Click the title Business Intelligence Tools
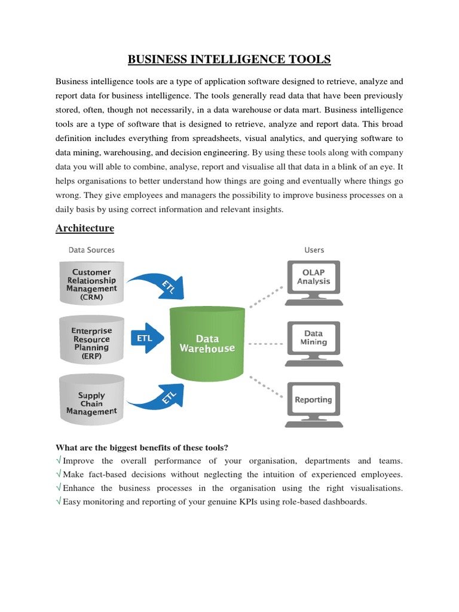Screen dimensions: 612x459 pyautogui.click(x=229, y=59)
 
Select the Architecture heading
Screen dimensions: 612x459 pyautogui.click(x=84, y=228)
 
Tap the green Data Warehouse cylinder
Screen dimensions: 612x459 pyautogui.click(x=207, y=344)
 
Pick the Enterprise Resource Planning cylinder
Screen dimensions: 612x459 pyautogui.click(x=91, y=343)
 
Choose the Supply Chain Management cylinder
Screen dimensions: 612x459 pyautogui.click(x=91, y=403)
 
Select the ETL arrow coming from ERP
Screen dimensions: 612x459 pyautogui.click(x=147, y=338)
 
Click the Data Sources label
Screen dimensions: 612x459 pyautogui.click(x=91, y=250)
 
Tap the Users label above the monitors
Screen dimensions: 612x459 pyautogui.click(x=314, y=250)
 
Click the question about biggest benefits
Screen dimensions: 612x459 pyautogui.click(x=142, y=448)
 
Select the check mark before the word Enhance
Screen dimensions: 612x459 pyautogui.click(x=59, y=488)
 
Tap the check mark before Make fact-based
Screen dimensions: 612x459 pyautogui.click(x=59, y=475)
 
